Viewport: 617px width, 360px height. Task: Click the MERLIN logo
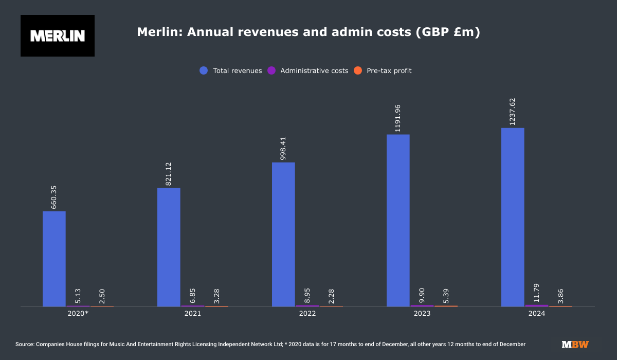click(58, 35)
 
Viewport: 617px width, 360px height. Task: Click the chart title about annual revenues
click(308, 32)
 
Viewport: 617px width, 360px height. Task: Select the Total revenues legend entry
click(231, 71)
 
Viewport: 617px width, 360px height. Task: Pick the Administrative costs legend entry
click(308, 71)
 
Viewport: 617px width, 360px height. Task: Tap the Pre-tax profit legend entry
click(383, 71)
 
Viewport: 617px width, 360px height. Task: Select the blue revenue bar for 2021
click(169, 247)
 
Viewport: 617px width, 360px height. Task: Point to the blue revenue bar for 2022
click(283, 235)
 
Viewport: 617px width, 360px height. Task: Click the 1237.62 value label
click(513, 113)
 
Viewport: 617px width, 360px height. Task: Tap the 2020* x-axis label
click(78, 313)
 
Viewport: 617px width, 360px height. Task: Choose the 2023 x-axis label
click(422, 313)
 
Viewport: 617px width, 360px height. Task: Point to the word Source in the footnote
click(25, 344)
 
